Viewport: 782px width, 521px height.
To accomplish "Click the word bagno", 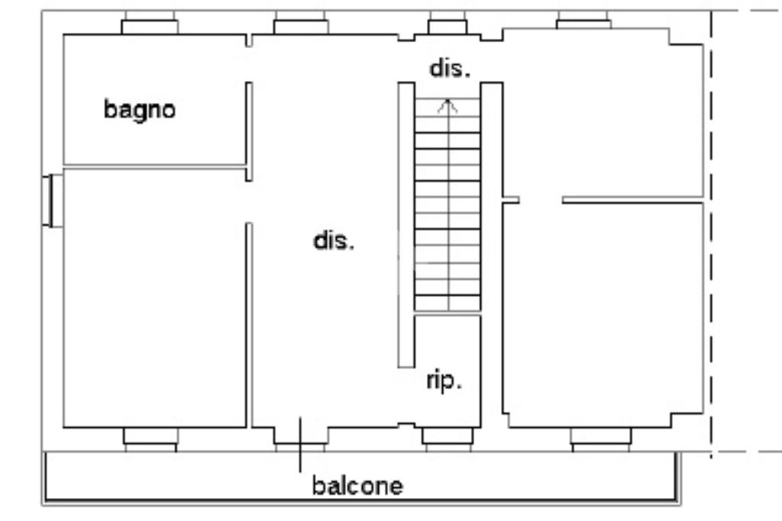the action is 140,110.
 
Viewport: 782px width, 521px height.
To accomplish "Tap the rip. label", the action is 444,380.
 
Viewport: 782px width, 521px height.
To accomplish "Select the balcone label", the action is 357,486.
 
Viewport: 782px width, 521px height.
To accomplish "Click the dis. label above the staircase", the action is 450,68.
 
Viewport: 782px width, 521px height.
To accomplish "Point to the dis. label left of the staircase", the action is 334,241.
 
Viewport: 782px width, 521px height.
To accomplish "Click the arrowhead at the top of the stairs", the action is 448,106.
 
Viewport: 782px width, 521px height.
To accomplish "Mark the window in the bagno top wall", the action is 150,26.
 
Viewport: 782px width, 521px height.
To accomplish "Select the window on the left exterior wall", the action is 52,200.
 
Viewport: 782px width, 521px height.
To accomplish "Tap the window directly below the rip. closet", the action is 448,436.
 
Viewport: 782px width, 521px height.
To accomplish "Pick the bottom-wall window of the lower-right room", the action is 601,436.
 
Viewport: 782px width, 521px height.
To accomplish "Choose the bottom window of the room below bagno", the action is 150,436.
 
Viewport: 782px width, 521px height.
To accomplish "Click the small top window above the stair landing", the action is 448,26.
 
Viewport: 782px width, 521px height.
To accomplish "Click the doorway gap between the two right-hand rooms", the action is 541,201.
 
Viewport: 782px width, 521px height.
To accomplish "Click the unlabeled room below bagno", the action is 153,298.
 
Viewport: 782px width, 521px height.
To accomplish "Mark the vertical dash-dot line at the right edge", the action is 713,229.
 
